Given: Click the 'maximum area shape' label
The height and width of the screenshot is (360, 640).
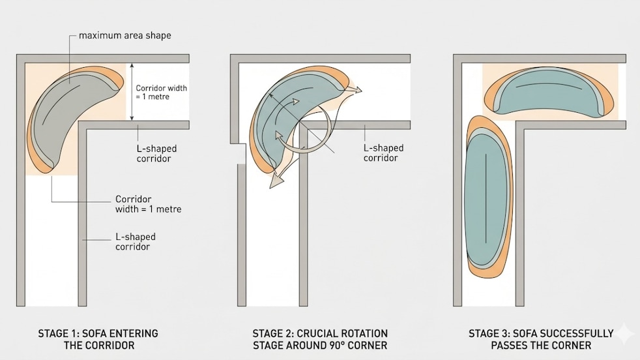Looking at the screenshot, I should [x=126, y=35].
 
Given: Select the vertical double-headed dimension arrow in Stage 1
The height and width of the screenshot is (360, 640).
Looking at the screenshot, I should [x=132, y=91].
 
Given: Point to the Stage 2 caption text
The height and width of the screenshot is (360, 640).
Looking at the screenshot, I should [x=320, y=339].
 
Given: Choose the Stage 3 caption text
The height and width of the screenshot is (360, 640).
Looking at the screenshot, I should [x=541, y=339].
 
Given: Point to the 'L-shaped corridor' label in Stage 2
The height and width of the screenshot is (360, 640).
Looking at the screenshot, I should [x=383, y=153].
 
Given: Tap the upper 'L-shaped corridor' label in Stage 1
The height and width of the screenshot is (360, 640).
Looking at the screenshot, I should [x=156, y=153].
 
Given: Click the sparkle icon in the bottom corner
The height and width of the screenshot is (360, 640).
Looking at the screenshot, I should [x=624, y=334].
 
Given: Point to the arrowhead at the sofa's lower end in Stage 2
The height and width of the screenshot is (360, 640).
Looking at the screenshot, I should [x=276, y=181].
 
